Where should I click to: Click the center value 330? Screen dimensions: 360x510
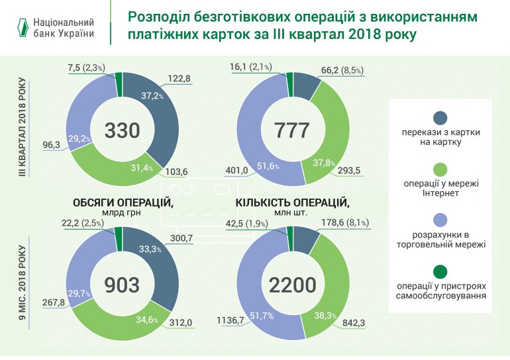pos(122,130)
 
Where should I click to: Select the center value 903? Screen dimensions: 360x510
pos(122,284)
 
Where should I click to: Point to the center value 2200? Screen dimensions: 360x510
pos(291,284)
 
